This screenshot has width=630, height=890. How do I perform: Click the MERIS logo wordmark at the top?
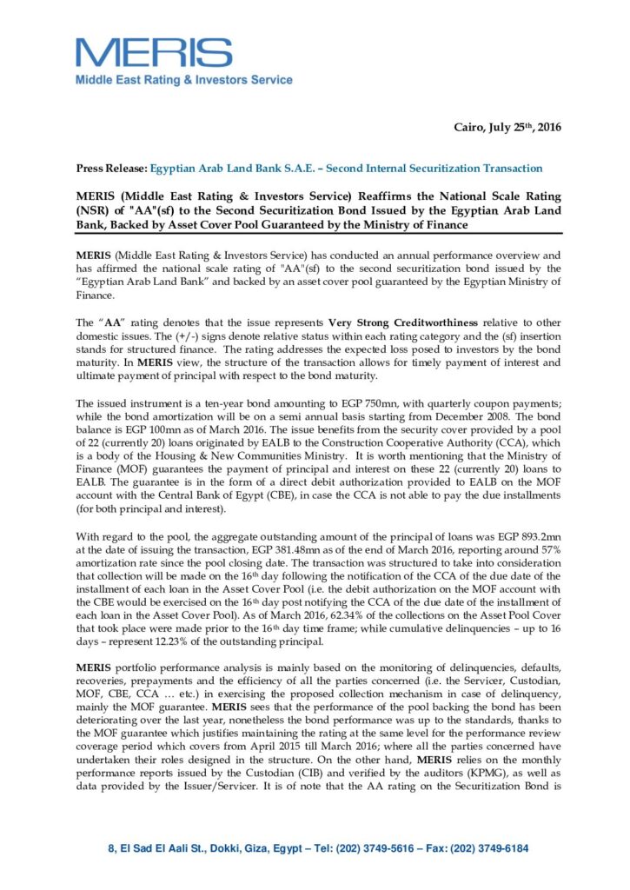tap(166, 53)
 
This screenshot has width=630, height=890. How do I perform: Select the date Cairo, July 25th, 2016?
tap(507, 128)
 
